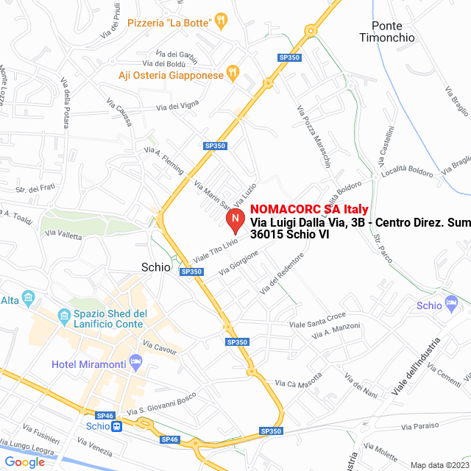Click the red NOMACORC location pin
234,219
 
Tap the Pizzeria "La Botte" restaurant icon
220,22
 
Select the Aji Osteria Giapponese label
171,75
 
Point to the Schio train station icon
117,427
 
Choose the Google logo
24,461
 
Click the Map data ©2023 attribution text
439,465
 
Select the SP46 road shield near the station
105,416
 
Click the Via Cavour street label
160,347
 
